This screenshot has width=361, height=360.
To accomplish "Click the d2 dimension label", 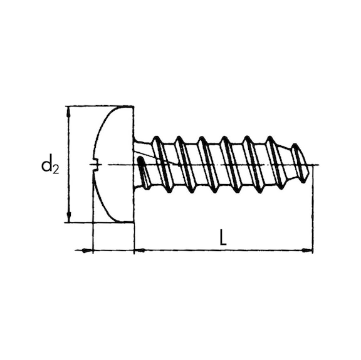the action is (50, 166).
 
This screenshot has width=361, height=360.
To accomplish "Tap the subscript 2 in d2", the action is (56, 170).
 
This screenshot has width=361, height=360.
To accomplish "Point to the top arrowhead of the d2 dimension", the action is (68, 112).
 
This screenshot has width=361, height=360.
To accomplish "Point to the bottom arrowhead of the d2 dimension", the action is (68, 217).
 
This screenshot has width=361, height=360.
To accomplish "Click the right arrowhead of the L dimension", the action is (307, 250).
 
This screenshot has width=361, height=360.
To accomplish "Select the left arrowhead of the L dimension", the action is (140, 250).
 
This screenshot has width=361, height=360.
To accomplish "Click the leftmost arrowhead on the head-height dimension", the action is (86, 250).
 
